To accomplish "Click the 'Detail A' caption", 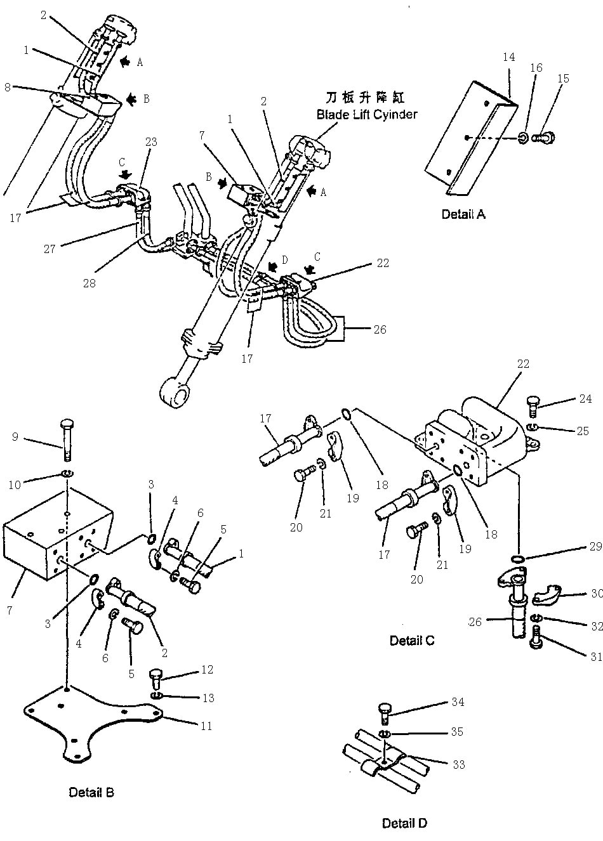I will [463, 214].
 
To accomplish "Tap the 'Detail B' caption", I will [91, 792].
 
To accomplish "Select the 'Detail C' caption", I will [412, 641].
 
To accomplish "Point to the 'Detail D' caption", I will [404, 823].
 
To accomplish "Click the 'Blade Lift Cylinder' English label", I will [367, 115].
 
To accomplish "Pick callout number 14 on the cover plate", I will [508, 57].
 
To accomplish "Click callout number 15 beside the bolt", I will [563, 79].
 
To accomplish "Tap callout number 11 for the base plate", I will [206, 726].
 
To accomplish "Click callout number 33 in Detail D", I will [458, 764].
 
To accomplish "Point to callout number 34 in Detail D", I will [458, 702].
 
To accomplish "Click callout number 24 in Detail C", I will [586, 398].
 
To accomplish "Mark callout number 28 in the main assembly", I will [89, 283].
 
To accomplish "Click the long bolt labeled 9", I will [67, 438].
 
